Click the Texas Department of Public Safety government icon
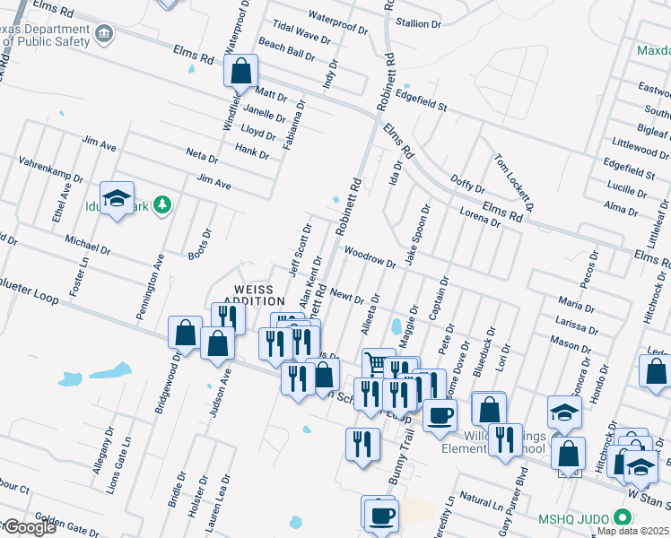[106, 35]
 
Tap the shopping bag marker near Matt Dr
[241, 71]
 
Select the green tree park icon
[162, 205]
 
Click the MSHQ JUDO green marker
[622, 517]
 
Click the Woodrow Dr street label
[370, 258]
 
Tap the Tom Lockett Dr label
[513, 182]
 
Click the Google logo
[30, 527]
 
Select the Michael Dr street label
[87, 243]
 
